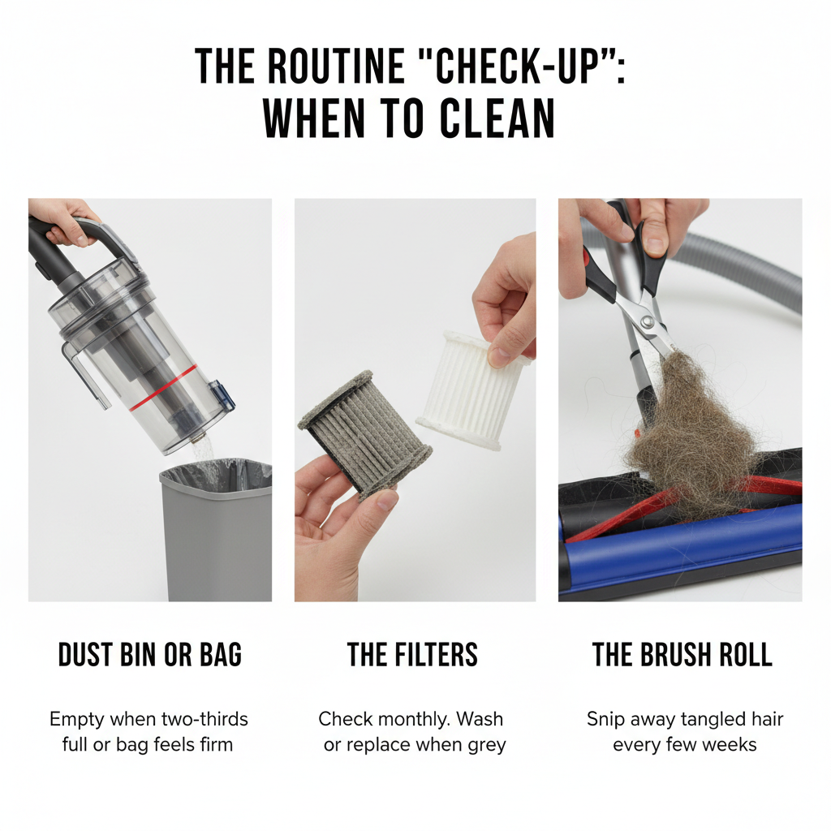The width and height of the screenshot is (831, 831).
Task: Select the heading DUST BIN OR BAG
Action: (x=150, y=655)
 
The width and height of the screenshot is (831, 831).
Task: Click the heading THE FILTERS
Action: (x=412, y=655)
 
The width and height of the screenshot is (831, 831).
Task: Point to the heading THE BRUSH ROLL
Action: (x=682, y=655)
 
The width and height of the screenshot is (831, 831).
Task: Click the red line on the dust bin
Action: (x=163, y=387)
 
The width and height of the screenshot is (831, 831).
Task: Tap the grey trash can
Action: (x=216, y=530)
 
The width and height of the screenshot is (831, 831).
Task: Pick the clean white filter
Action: (x=471, y=390)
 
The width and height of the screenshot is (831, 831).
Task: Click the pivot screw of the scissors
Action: (x=646, y=321)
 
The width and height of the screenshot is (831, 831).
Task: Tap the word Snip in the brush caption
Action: (x=604, y=720)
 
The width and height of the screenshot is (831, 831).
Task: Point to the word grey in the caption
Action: (x=487, y=746)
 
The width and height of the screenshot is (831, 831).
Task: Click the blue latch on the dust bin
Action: (x=222, y=396)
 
